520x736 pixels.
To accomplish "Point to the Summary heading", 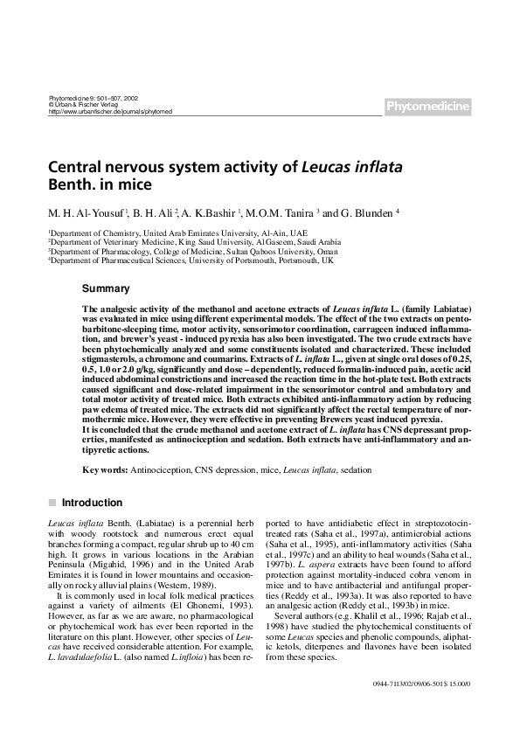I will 106,288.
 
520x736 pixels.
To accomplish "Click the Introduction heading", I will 92,503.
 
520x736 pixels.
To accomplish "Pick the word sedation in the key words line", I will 356,469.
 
